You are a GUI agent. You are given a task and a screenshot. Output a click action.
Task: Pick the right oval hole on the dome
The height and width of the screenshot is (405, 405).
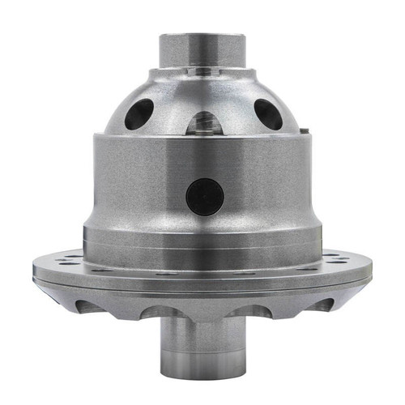tap(268, 114)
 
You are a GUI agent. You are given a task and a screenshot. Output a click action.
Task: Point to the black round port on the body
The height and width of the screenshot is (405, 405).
tap(204, 195)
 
